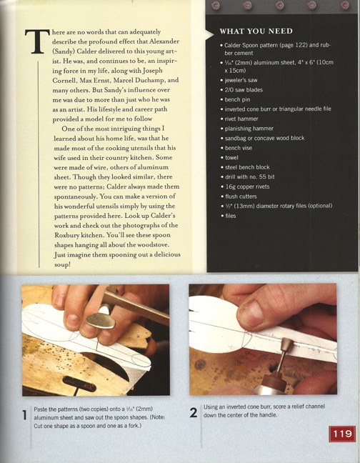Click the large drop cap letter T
click(37, 41)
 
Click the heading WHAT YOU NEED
click(256, 31)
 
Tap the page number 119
click(342, 434)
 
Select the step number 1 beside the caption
click(25, 415)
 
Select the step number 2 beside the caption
click(194, 412)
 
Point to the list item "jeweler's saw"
click(241, 80)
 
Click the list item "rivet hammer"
click(241, 119)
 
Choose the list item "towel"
click(231, 158)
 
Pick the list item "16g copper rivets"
click(247, 186)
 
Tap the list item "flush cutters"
click(241, 196)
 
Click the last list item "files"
click(231, 216)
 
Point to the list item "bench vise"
click(239, 148)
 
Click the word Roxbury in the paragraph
click(67, 235)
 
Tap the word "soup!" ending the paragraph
click(62, 264)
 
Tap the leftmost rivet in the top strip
click(216, 5)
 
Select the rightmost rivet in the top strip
click(345, 5)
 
